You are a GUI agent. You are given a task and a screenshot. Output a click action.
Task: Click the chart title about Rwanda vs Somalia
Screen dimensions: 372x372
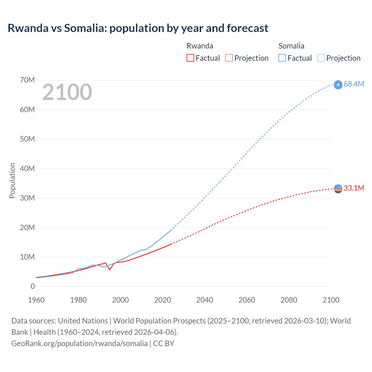pyautogui.click(x=138, y=28)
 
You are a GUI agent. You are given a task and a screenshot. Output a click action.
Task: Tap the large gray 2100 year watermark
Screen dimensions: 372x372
pyautogui.click(x=67, y=92)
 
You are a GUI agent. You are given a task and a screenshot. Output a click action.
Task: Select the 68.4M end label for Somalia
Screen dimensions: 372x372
pyautogui.click(x=354, y=84)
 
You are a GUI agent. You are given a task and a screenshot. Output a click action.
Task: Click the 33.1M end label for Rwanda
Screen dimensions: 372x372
pyautogui.click(x=354, y=188)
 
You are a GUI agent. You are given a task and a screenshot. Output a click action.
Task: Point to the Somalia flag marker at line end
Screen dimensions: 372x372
pyautogui.click(x=338, y=85)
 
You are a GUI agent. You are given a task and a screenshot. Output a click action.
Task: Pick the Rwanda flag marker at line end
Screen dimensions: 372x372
pyautogui.click(x=338, y=189)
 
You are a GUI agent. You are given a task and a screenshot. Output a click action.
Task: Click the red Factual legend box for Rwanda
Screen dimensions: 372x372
pyautogui.click(x=190, y=58)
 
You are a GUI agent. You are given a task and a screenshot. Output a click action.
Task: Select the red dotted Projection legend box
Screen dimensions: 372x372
pyautogui.click(x=229, y=58)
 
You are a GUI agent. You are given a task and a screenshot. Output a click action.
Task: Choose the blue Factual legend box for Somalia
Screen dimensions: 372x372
pyautogui.click(x=282, y=58)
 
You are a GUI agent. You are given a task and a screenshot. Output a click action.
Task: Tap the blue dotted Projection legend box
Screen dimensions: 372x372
pyautogui.click(x=321, y=58)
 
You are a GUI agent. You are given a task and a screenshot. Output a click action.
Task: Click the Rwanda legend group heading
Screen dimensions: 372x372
pyautogui.click(x=200, y=46)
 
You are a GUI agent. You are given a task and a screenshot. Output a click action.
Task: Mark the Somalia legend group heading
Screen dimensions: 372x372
pyautogui.click(x=291, y=46)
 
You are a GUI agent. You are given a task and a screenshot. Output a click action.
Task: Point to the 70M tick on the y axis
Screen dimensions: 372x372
pyautogui.click(x=27, y=80)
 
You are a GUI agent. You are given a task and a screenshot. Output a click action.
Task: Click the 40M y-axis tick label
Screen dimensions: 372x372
pyautogui.click(x=27, y=169)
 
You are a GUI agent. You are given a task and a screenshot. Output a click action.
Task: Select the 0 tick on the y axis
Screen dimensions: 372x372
pyautogui.click(x=33, y=286)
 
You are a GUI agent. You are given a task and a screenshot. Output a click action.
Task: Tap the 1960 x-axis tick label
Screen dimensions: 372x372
pyautogui.click(x=36, y=300)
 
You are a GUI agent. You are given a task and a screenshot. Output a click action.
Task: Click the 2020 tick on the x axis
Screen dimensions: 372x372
pyautogui.click(x=162, y=300)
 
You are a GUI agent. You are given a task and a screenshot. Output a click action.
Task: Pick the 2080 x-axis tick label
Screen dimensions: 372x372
pyautogui.click(x=289, y=300)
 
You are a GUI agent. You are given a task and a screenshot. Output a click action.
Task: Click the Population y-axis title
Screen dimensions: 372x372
pyautogui.click(x=12, y=180)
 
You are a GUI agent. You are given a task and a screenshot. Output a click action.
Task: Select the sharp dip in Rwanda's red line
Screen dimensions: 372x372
pyautogui.click(x=110, y=269)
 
